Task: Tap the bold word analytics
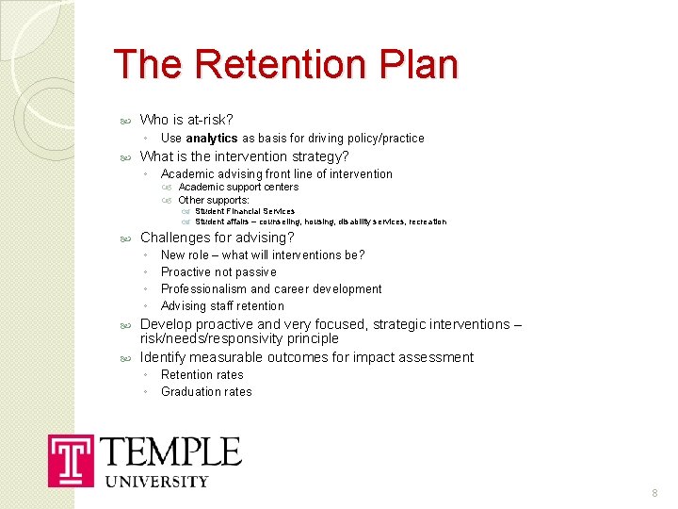coord(212,138)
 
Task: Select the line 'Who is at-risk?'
coord(186,120)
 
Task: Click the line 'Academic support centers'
coord(238,187)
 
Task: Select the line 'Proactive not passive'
coord(218,271)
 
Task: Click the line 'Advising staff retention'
coord(222,305)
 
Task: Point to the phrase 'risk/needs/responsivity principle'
coord(239,338)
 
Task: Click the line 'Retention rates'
coord(202,374)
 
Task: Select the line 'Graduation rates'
coord(206,391)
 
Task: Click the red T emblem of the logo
coord(71,460)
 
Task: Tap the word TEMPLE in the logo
coord(170,452)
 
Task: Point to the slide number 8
coord(654,493)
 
